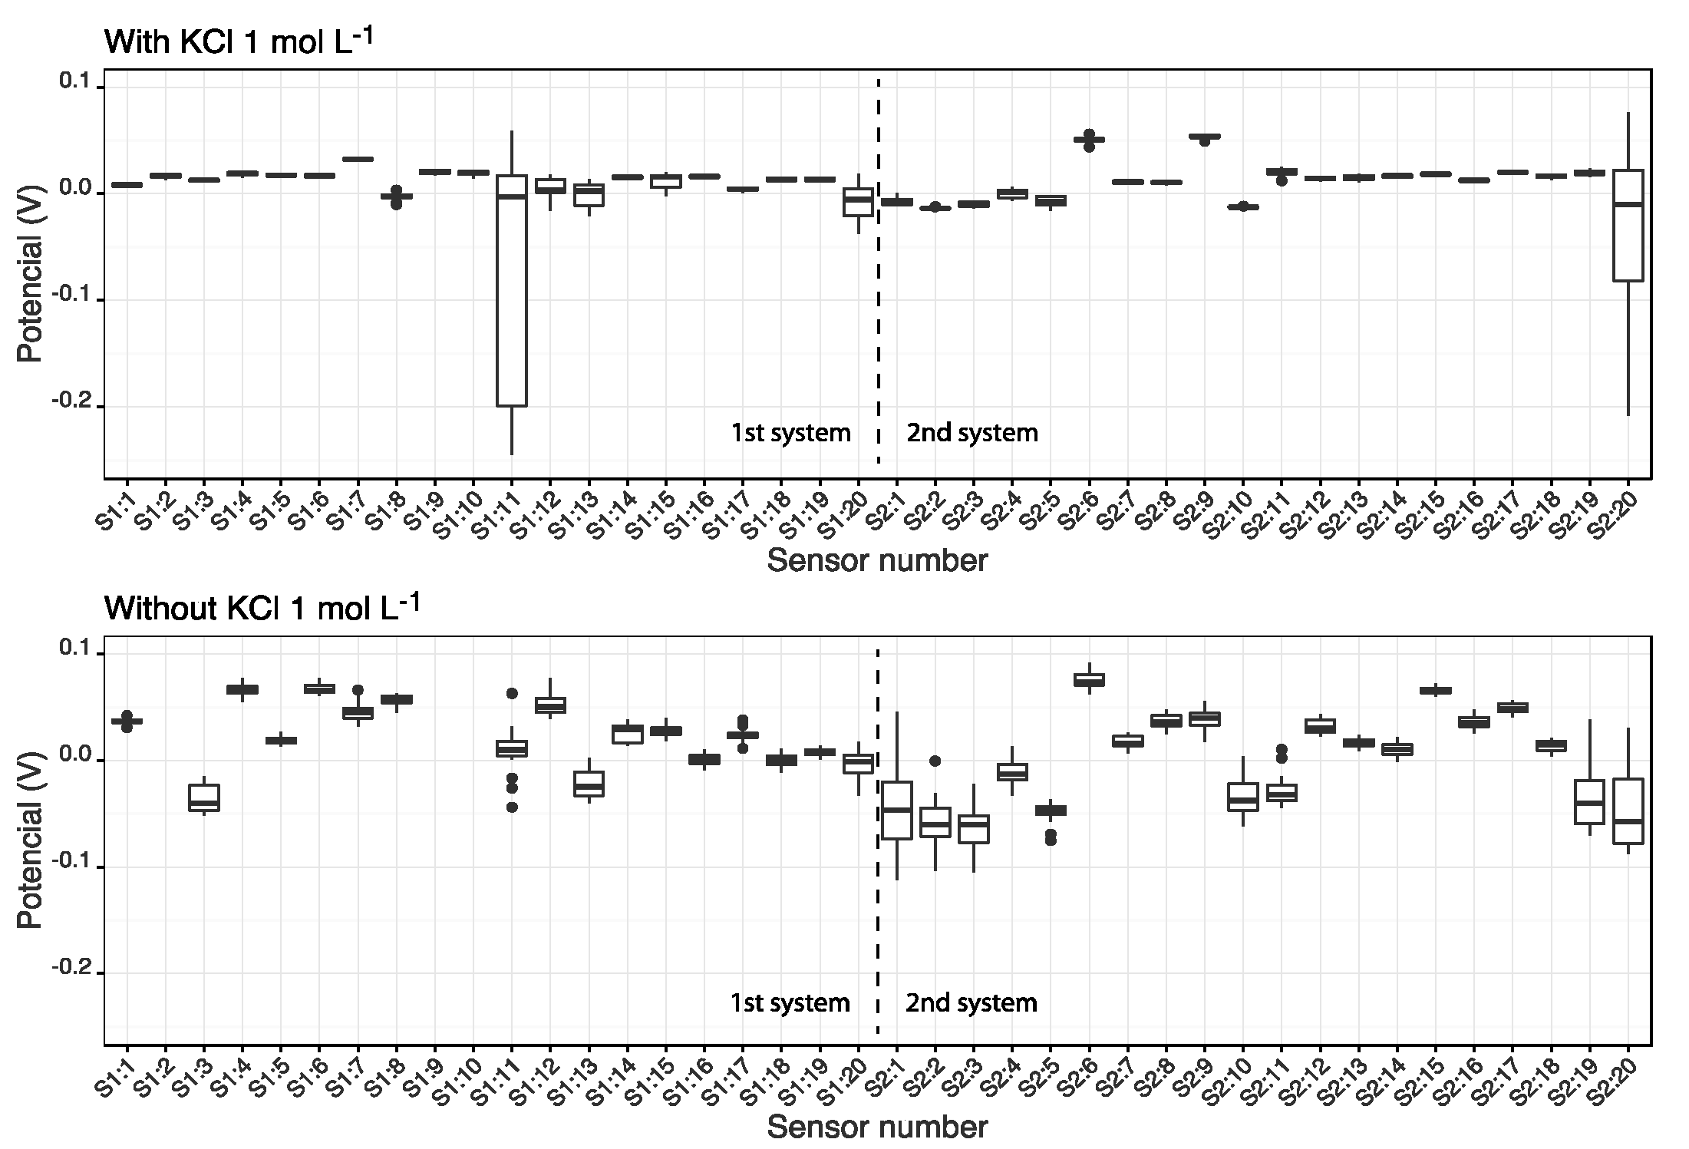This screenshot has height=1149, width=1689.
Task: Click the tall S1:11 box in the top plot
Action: click(511, 292)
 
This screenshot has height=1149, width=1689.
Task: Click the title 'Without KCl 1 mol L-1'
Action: click(262, 608)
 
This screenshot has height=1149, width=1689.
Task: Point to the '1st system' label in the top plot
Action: click(790, 433)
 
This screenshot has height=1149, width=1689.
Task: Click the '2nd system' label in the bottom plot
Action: click(971, 1003)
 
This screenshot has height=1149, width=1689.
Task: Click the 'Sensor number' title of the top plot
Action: click(877, 561)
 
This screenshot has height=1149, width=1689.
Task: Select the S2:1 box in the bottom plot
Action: click(896, 811)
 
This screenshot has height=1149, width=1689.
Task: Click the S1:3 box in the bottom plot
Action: click(204, 797)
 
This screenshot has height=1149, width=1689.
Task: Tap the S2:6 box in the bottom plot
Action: click(1089, 680)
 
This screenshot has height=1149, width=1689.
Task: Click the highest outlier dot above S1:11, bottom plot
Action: click(511, 693)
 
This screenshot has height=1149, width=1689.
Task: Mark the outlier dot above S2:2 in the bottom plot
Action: click(935, 761)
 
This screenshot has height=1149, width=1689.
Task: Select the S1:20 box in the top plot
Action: click(858, 202)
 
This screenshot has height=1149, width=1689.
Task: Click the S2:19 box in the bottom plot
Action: click(1589, 802)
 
